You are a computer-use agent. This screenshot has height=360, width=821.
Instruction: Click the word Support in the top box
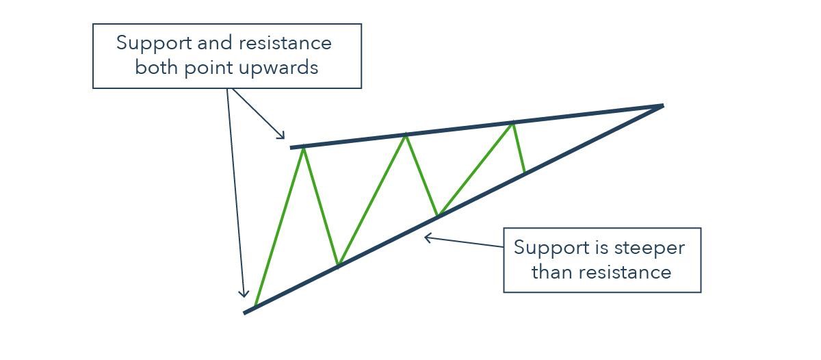point(154,44)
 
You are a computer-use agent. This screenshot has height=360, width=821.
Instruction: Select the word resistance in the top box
point(285,43)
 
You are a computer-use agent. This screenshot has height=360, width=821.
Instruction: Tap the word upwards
point(278,68)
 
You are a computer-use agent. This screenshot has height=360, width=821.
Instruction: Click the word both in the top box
point(157,68)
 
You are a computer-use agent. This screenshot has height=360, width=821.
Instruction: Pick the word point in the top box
point(208,68)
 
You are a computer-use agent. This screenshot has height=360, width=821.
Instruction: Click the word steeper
point(649,248)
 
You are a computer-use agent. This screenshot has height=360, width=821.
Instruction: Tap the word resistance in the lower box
point(625,273)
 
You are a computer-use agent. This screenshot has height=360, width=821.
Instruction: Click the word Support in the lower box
point(551,248)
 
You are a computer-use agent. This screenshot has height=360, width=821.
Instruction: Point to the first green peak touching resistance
point(304,149)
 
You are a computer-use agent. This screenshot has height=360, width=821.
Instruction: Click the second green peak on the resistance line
point(405,136)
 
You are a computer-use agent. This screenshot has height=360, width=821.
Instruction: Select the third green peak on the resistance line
point(512,123)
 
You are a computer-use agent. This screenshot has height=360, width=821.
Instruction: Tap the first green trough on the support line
point(338,264)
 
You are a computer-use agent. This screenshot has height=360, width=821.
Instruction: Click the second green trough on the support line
point(438,215)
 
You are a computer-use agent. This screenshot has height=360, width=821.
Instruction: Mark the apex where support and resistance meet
point(663,106)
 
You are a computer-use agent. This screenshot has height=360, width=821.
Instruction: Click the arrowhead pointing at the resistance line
point(283,137)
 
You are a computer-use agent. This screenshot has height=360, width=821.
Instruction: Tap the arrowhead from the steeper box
point(425,238)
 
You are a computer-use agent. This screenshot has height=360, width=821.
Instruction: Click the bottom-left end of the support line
point(244,313)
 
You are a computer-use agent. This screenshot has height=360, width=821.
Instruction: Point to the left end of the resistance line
point(291,148)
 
